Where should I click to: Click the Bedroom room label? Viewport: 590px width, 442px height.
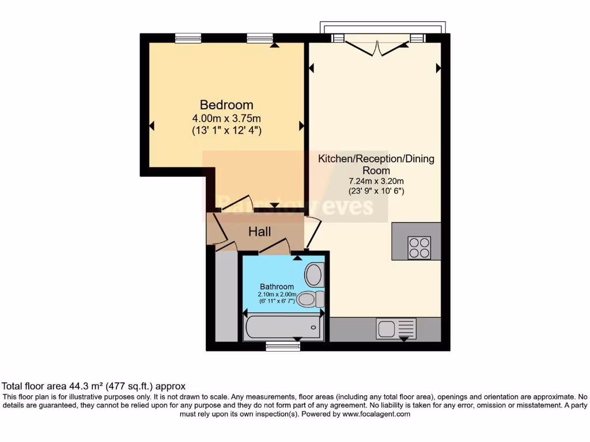pos(226,105)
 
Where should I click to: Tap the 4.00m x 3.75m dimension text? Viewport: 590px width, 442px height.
pos(226,118)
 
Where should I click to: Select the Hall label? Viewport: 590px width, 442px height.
pos(260,231)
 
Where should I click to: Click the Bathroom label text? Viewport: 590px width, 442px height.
pos(277,287)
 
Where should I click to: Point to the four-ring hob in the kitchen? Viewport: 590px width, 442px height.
pos(419,247)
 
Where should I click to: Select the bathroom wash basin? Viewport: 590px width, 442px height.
pos(314,275)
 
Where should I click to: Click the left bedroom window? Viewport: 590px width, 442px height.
pos(188,38)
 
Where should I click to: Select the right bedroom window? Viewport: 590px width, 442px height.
pos(260,38)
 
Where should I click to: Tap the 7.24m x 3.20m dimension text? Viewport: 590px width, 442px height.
pos(376,181)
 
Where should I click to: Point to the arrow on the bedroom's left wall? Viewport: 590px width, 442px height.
pos(152,125)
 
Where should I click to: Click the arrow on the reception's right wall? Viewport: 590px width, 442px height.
pos(438,68)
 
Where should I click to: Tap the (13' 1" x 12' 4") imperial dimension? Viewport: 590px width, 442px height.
pos(226,130)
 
